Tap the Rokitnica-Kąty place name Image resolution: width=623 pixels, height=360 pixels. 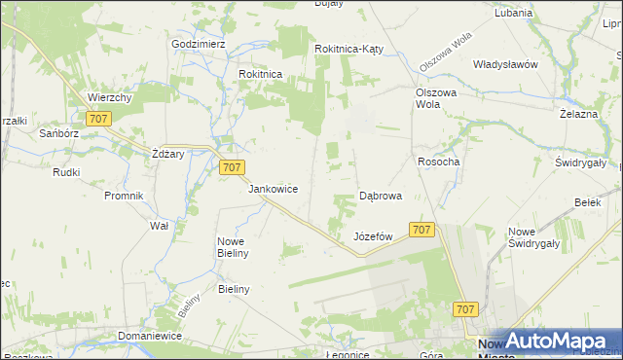point(352,49)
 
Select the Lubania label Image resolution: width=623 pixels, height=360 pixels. point(513,14)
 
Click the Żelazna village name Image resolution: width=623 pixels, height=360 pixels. point(577,114)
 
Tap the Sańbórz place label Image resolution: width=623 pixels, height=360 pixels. point(58,133)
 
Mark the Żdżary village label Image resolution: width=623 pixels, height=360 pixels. point(168,154)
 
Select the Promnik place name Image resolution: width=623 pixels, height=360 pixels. point(124,196)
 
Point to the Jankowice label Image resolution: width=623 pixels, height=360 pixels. point(273,189)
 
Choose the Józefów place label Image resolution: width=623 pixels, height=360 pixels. point(373,236)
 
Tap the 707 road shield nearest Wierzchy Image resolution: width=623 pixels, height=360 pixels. point(97,119)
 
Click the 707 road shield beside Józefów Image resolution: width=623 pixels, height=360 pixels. point(421,230)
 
